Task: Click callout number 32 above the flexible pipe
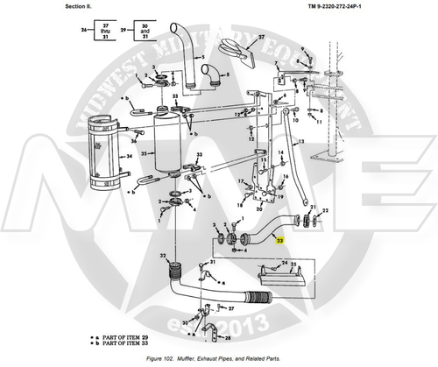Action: pyautogui.click(x=163, y=256)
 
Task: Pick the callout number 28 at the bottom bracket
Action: pyautogui.click(x=227, y=336)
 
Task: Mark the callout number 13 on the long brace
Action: pyautogui.click(x=300, y=141)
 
